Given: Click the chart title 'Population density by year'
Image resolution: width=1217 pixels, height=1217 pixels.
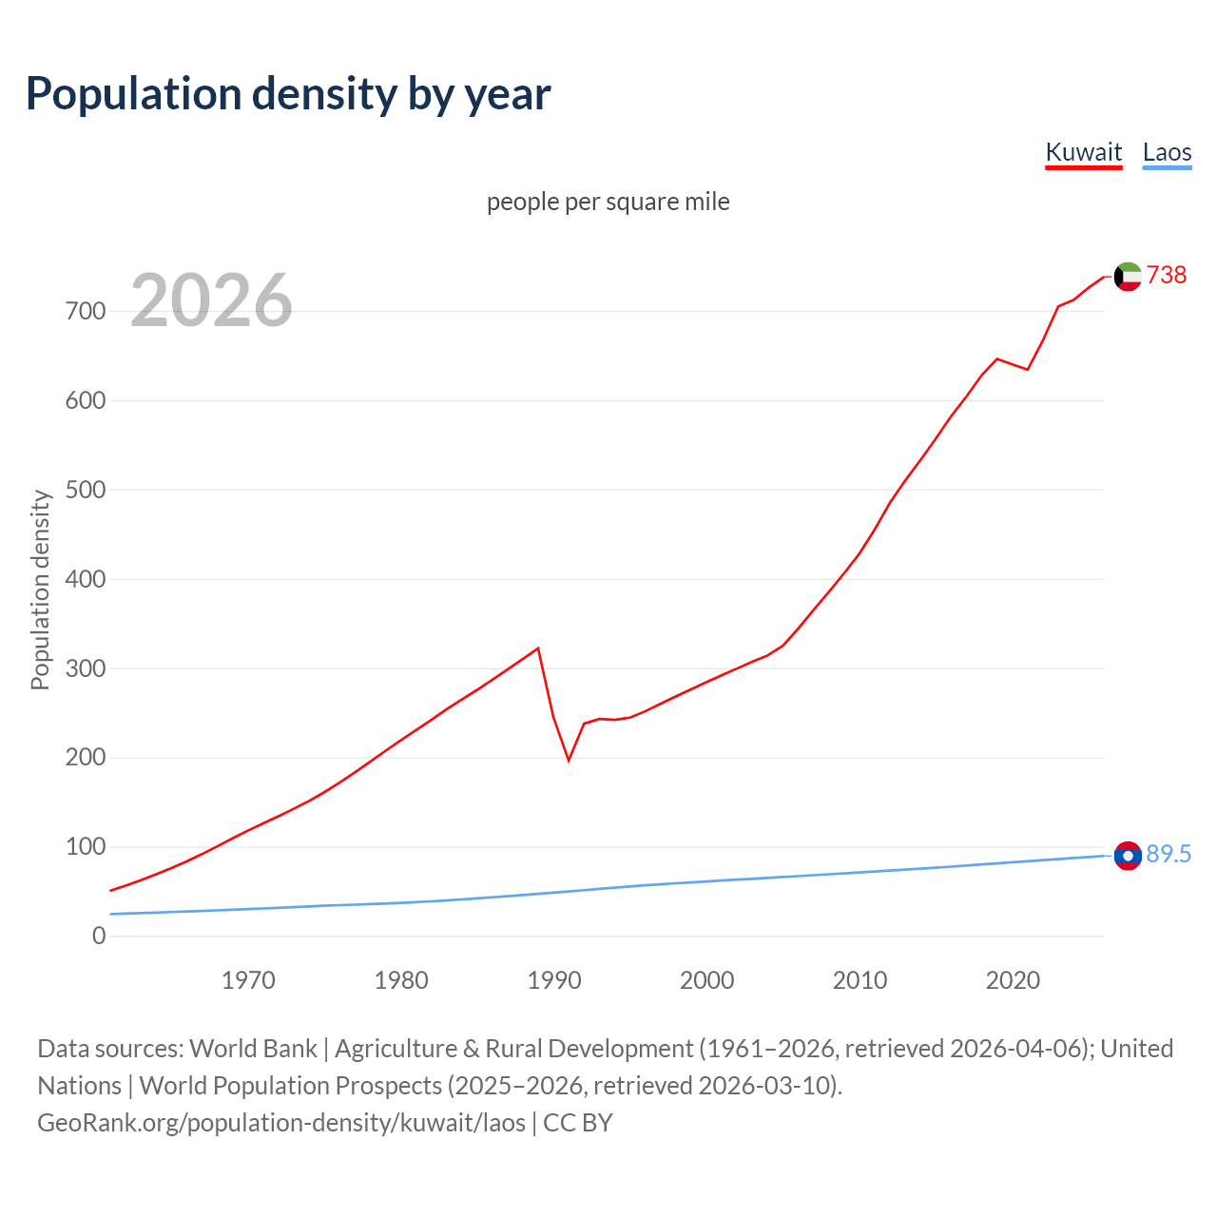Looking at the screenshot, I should pyautogui.click(x=288, y=94).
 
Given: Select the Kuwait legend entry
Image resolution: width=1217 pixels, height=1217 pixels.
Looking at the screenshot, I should pyautogui.click(x=1083, y=152).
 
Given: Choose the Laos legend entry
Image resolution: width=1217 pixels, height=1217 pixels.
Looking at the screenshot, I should pyautogui.click(x=1167, y=152).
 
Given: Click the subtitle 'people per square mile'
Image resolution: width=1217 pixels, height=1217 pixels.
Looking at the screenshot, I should pyautogui.click(x=608, y=202).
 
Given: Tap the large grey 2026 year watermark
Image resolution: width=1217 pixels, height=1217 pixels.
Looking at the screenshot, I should pyautogui.click(x=211, y=300).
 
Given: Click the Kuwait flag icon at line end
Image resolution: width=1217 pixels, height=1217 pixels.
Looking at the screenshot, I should pyautogui.click(x=1128, y=276).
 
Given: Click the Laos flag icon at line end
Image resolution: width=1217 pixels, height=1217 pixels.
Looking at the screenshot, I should pyautogui.click(x=1128, y=856).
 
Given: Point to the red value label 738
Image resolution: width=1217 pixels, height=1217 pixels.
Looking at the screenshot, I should pyautogui.click(x=1167, y=275).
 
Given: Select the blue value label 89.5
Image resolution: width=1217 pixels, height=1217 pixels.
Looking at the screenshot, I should pyautogui.click(x=1169, y=854).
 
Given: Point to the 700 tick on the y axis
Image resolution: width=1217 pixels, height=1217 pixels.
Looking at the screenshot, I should pyautogui.click(x=86, y=311).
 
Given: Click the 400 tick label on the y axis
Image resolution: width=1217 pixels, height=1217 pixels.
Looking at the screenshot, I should pyautogui.click(x=86, y=579).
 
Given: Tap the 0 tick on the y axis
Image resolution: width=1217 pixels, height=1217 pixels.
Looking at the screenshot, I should pyautogui.click(x=99, y=937).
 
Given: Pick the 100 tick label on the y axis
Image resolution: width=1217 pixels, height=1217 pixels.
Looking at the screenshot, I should pyautogui.click(x=86, y=847).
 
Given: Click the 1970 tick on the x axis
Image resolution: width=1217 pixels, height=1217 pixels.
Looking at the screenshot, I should pyautogui.click(x=248, y=980).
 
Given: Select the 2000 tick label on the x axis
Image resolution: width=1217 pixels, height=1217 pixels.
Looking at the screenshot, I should pyautogui.click(x=706, y=980).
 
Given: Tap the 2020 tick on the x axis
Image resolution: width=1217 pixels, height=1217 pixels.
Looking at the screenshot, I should pyautogui.click(x=1013, y=980).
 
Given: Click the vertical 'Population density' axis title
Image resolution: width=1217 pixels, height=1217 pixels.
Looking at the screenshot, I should pyautogui.click(x=40, y=589).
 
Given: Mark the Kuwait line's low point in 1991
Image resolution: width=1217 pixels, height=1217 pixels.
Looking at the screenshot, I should pyautogui.click(x=569, y=761).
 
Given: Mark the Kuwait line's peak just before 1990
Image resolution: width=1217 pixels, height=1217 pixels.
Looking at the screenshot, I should pyautogui.click(x=538, y=648).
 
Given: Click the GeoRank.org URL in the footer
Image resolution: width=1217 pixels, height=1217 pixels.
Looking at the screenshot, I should pyautogui.click(x=281, y=1123).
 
